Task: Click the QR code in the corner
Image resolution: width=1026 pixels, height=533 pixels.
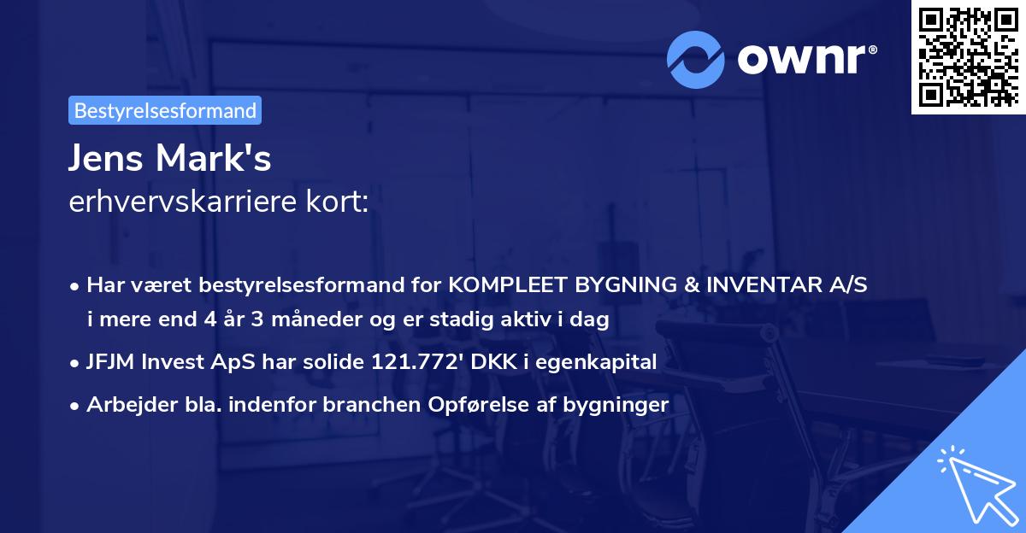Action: click(x=968, y=57)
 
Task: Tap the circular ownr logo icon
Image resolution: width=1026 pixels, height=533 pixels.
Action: click(x=696, y=59)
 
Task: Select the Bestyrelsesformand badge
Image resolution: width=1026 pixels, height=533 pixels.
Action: click(x=165, y=110)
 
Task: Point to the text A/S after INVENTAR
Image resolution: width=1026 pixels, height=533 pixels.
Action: click(x=848, y=285)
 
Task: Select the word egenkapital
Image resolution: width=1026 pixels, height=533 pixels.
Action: click(x=606, y=361)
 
